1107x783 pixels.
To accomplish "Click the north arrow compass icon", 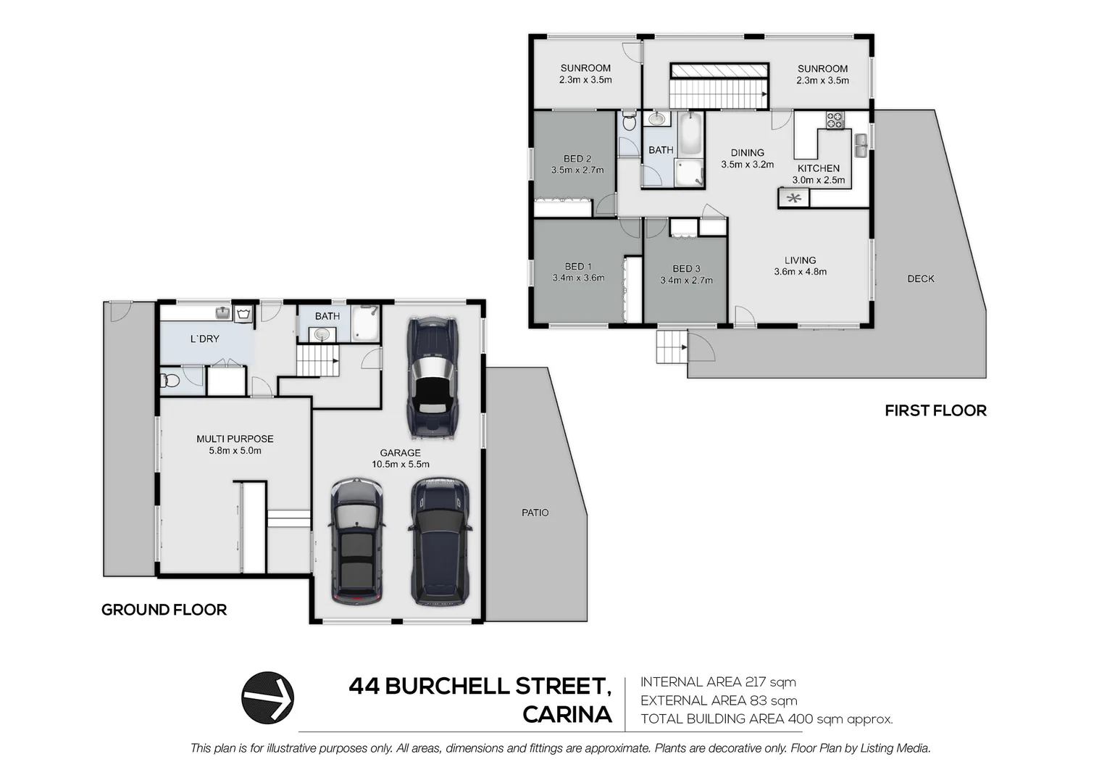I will click(267, 697).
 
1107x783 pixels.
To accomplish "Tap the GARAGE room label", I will click(400, 452).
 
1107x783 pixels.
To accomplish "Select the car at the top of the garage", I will click(433, 378).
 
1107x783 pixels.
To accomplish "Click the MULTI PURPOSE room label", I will click(235, 439).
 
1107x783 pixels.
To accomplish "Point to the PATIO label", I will click(535, 513).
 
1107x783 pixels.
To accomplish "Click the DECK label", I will click(920, 278).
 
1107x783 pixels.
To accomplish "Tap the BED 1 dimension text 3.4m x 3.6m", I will click(578, 278).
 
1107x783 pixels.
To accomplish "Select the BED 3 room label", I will click(686, 268).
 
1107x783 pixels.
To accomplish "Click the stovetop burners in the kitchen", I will click(835, 120).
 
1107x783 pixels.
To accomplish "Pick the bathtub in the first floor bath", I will click(690, 133).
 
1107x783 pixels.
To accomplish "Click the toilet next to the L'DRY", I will click(170, 380).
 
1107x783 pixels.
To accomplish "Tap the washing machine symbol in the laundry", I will click(243, 313).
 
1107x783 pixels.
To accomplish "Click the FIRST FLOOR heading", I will click(935, 411).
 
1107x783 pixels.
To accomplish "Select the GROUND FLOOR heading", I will click(164, 610).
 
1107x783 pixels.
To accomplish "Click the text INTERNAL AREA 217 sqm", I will click(718, 682).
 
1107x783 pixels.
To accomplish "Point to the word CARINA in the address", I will click(567, 715).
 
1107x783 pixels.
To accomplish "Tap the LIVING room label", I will click(800, 260).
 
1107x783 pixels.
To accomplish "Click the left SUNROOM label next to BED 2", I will click(585, 68).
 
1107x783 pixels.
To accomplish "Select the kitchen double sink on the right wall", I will click(861, 145).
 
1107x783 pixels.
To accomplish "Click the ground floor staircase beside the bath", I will click(317, 360).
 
